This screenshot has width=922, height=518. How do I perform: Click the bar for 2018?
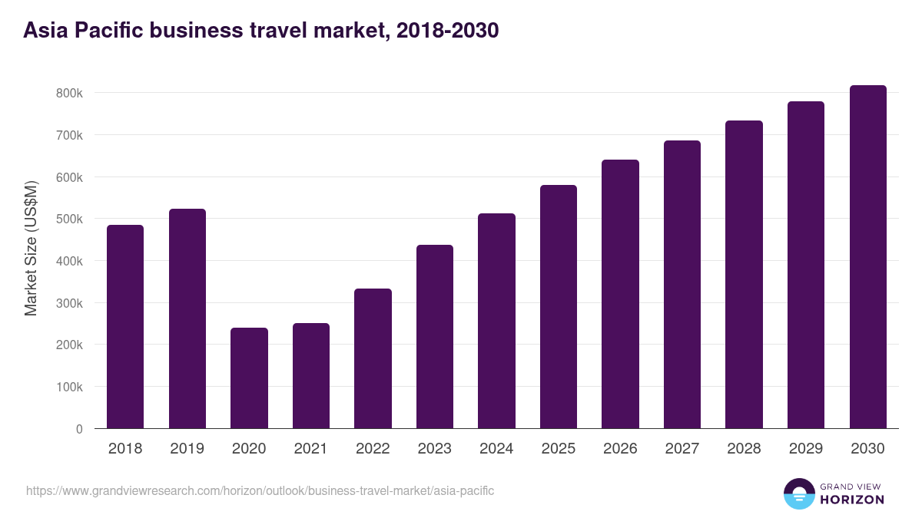[x=125, y=326]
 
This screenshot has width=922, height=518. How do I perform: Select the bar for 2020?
[x=249, y=378]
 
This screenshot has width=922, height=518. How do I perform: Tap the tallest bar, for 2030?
[x=867, y=257]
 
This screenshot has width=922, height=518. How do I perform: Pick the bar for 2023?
[x=435, y=336]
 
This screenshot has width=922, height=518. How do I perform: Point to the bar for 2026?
[x=620, y=294]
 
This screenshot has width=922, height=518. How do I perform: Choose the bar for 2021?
[x=311, y=375]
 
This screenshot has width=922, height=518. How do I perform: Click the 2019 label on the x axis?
[x=187, y=449]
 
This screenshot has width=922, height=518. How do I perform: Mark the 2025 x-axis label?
[x=559, y=449]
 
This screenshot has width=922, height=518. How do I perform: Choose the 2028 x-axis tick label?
[x=744, y=449]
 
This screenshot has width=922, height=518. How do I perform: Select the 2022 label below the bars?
[x=373, y=449]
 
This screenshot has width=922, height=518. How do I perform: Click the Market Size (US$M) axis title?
[x=31, y=248]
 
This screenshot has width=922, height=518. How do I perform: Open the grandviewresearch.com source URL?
[x=260, y=490]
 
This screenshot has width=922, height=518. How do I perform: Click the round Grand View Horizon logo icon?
[x=798, y=493]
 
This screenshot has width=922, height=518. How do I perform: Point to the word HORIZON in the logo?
[x=852, y=500]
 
